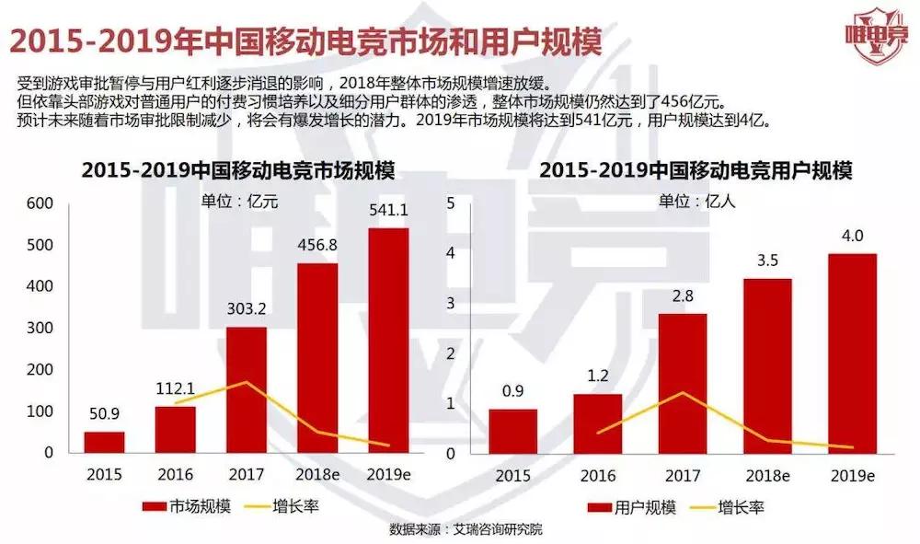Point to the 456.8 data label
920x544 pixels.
tap(316, 246)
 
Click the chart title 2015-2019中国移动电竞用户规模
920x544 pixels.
tap(696, 171)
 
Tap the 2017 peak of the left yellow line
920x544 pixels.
tap(246, 382)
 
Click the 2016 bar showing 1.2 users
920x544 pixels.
tap(597, 423)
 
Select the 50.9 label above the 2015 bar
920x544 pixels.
tap(104, 415)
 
